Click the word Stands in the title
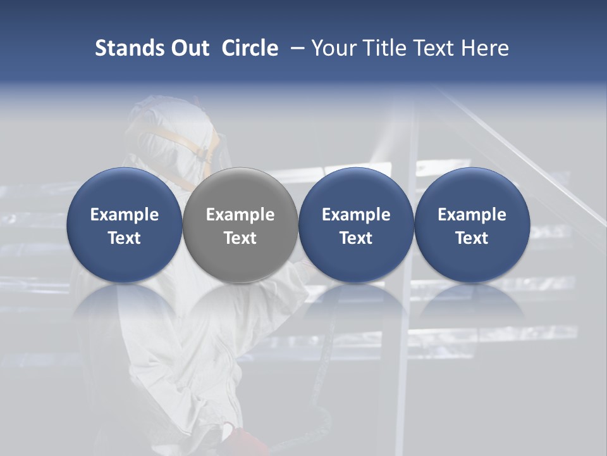128,48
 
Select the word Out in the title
188,48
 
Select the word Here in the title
485,48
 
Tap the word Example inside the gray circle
240,215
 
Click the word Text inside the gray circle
240,238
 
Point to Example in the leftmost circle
124,215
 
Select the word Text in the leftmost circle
124,238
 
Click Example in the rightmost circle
472,215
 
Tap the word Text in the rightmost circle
472,238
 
